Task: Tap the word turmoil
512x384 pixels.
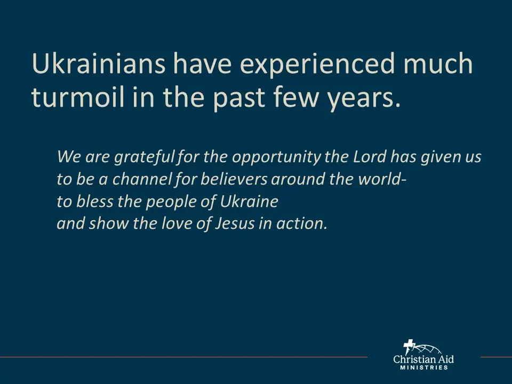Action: coord(78,97)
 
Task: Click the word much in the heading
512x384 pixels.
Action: coord(438,63)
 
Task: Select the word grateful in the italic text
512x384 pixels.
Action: coord(145,157)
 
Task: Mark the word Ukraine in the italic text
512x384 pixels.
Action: coord(249,201)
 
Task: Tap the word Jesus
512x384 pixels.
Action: coord(235,223)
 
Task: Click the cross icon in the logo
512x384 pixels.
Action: coord(409,347)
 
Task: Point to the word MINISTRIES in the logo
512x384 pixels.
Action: coord(424,367)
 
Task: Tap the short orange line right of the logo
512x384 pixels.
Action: coord(496,357)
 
